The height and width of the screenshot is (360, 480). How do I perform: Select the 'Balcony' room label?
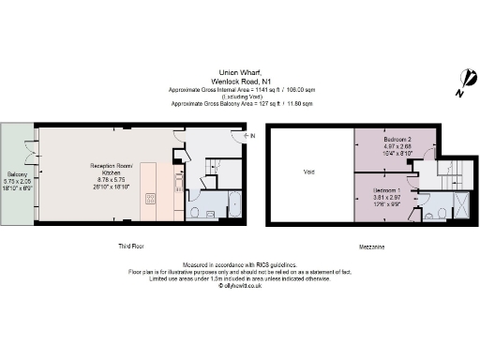[18, 175]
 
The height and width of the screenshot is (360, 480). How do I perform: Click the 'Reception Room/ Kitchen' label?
[112, 170]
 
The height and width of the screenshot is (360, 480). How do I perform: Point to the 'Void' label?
[308, 172]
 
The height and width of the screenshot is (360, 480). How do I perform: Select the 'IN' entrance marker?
[252, 137]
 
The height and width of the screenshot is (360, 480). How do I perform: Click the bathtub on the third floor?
[234, 205]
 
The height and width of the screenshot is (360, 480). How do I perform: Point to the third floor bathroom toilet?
[194, 212]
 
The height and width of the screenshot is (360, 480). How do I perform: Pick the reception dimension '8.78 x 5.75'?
[112, 181]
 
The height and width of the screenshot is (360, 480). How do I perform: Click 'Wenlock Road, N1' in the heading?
[240, 80]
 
